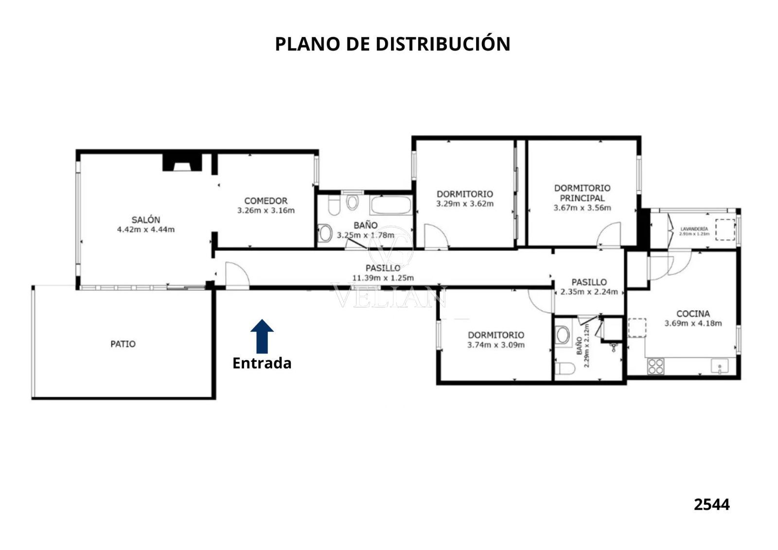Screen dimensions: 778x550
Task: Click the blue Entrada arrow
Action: coord(262,336)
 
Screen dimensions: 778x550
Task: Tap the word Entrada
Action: coord(262,363)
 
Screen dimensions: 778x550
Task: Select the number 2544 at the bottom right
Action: coord(712,504)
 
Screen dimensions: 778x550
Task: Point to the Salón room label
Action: coord(146,220)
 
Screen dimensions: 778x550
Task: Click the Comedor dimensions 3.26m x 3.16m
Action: coord(266,210)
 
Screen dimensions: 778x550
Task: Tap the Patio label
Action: coord(123,344)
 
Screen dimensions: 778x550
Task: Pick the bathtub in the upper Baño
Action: coord(391,205)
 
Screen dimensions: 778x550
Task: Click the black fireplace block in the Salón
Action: coord(182,162)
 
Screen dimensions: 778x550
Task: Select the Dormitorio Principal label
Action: coord(583,193)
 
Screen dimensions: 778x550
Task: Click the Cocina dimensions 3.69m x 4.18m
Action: coord(693,323)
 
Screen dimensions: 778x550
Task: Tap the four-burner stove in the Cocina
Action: coord(656,367)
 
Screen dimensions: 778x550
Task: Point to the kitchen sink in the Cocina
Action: coord(720,367)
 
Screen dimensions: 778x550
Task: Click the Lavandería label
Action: coord(694,229)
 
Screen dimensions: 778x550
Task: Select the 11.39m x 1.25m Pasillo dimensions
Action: coord(383,278)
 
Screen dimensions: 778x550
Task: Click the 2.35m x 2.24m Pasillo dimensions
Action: coord(589,292)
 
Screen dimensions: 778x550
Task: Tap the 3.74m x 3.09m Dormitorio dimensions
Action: coord(496,345)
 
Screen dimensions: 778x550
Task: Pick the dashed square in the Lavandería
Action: coord(725,230)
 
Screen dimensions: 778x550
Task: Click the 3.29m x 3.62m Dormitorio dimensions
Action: coord(465,204)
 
